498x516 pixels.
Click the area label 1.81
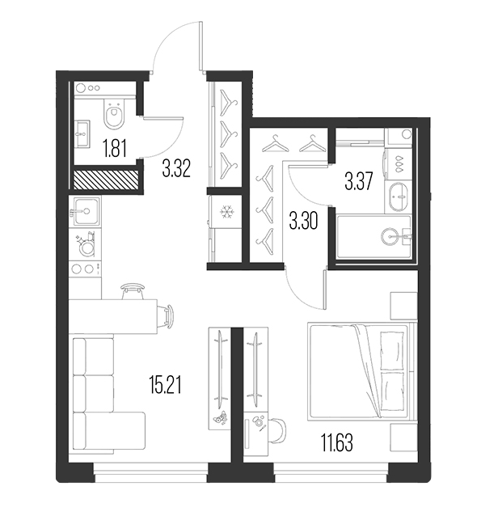(x=115, y=148)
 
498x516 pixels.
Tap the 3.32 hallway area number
(x=176, y=168)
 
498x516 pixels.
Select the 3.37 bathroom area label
(x=358, y=181)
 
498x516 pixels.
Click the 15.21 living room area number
(x=165, y=385)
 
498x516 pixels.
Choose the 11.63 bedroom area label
(x=337, y=442)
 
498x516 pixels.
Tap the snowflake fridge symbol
(x=226, y=212)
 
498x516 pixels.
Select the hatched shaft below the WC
(x=105, y=180)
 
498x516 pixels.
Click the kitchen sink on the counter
(x=85, y=211)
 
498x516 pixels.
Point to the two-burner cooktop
(x=85, y=269)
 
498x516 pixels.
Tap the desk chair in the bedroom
(x=277, y=429)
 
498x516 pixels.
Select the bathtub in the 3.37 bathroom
(x=373, y=237)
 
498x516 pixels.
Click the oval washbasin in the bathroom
(x=399, y=197)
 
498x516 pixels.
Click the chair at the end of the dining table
(x=167, y=316)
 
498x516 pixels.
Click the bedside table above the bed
(x=403, y=306)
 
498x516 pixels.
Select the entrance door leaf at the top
(x=201, y=46)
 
